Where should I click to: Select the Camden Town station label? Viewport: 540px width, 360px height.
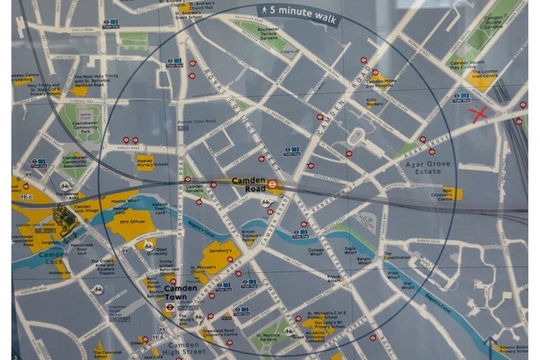(180, 293)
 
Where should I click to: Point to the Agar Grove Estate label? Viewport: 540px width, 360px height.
(428, 168)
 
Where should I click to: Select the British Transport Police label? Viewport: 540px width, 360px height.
(248, 235)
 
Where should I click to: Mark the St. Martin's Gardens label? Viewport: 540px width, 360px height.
(267, 337)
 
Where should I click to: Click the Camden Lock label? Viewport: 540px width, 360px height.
(53, 258)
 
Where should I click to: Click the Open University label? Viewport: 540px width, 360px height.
(161, 252)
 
